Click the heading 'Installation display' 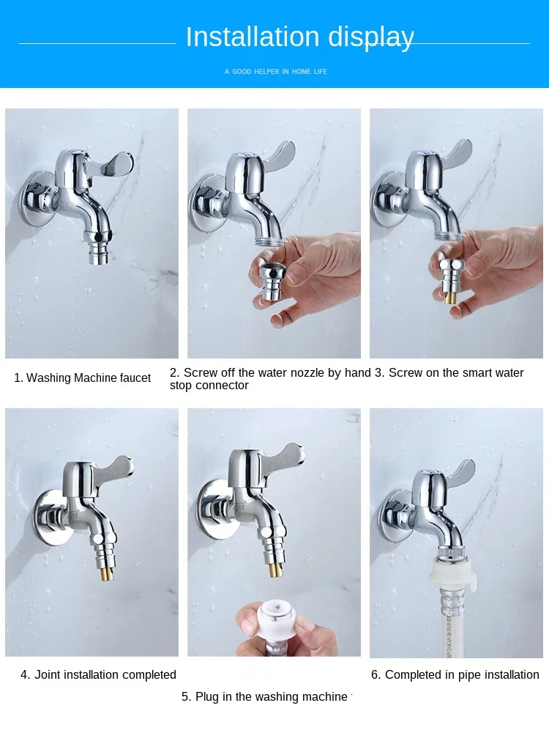pyautogui.click(x=299, y=37)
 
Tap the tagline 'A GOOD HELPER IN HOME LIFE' pyautogui.click(x=275, y=72)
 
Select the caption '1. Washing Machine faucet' pyautogui.click(x=83, y=378)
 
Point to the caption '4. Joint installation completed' pyautogui.click(x=98, y=675)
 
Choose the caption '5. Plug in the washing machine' pyautogui.click(x=264, y=697)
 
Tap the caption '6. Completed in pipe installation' pyautogui.click(x=455, y=675)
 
